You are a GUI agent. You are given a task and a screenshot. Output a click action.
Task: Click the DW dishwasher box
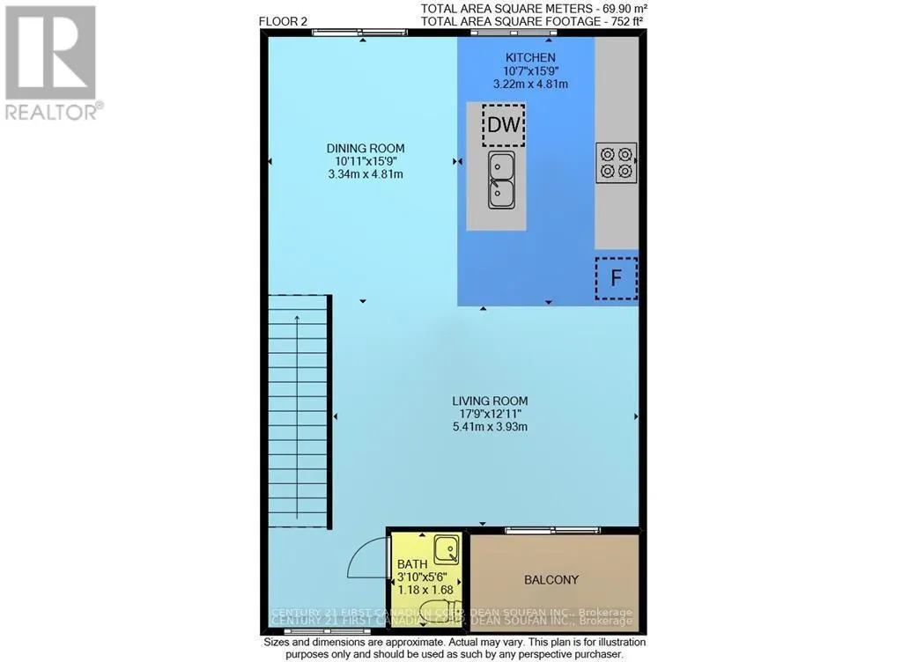503,125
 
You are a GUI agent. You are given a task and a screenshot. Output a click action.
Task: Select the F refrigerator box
616,278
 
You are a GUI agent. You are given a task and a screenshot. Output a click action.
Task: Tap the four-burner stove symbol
616,162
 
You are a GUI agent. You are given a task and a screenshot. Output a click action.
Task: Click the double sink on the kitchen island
502,179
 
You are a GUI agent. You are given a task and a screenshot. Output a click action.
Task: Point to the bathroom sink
447,549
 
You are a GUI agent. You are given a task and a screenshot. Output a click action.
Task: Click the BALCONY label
551,579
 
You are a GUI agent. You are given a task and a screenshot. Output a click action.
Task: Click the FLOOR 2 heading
284,21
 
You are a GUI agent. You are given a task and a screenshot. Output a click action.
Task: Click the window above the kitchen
513,33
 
